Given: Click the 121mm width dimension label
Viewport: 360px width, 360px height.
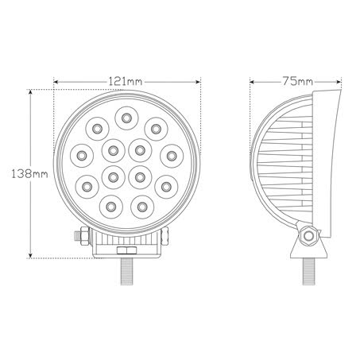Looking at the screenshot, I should coord(125,81).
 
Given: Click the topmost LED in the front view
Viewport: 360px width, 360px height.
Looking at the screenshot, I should coord(125,118).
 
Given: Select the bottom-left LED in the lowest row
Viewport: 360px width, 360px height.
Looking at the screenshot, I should coord(108,206).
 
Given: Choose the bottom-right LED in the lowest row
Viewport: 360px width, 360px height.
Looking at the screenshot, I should coord(142,206).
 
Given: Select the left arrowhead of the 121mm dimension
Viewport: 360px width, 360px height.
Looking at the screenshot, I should coord(56,81).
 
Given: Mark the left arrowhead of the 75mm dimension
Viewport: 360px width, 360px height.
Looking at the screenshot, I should coord(253,81).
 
